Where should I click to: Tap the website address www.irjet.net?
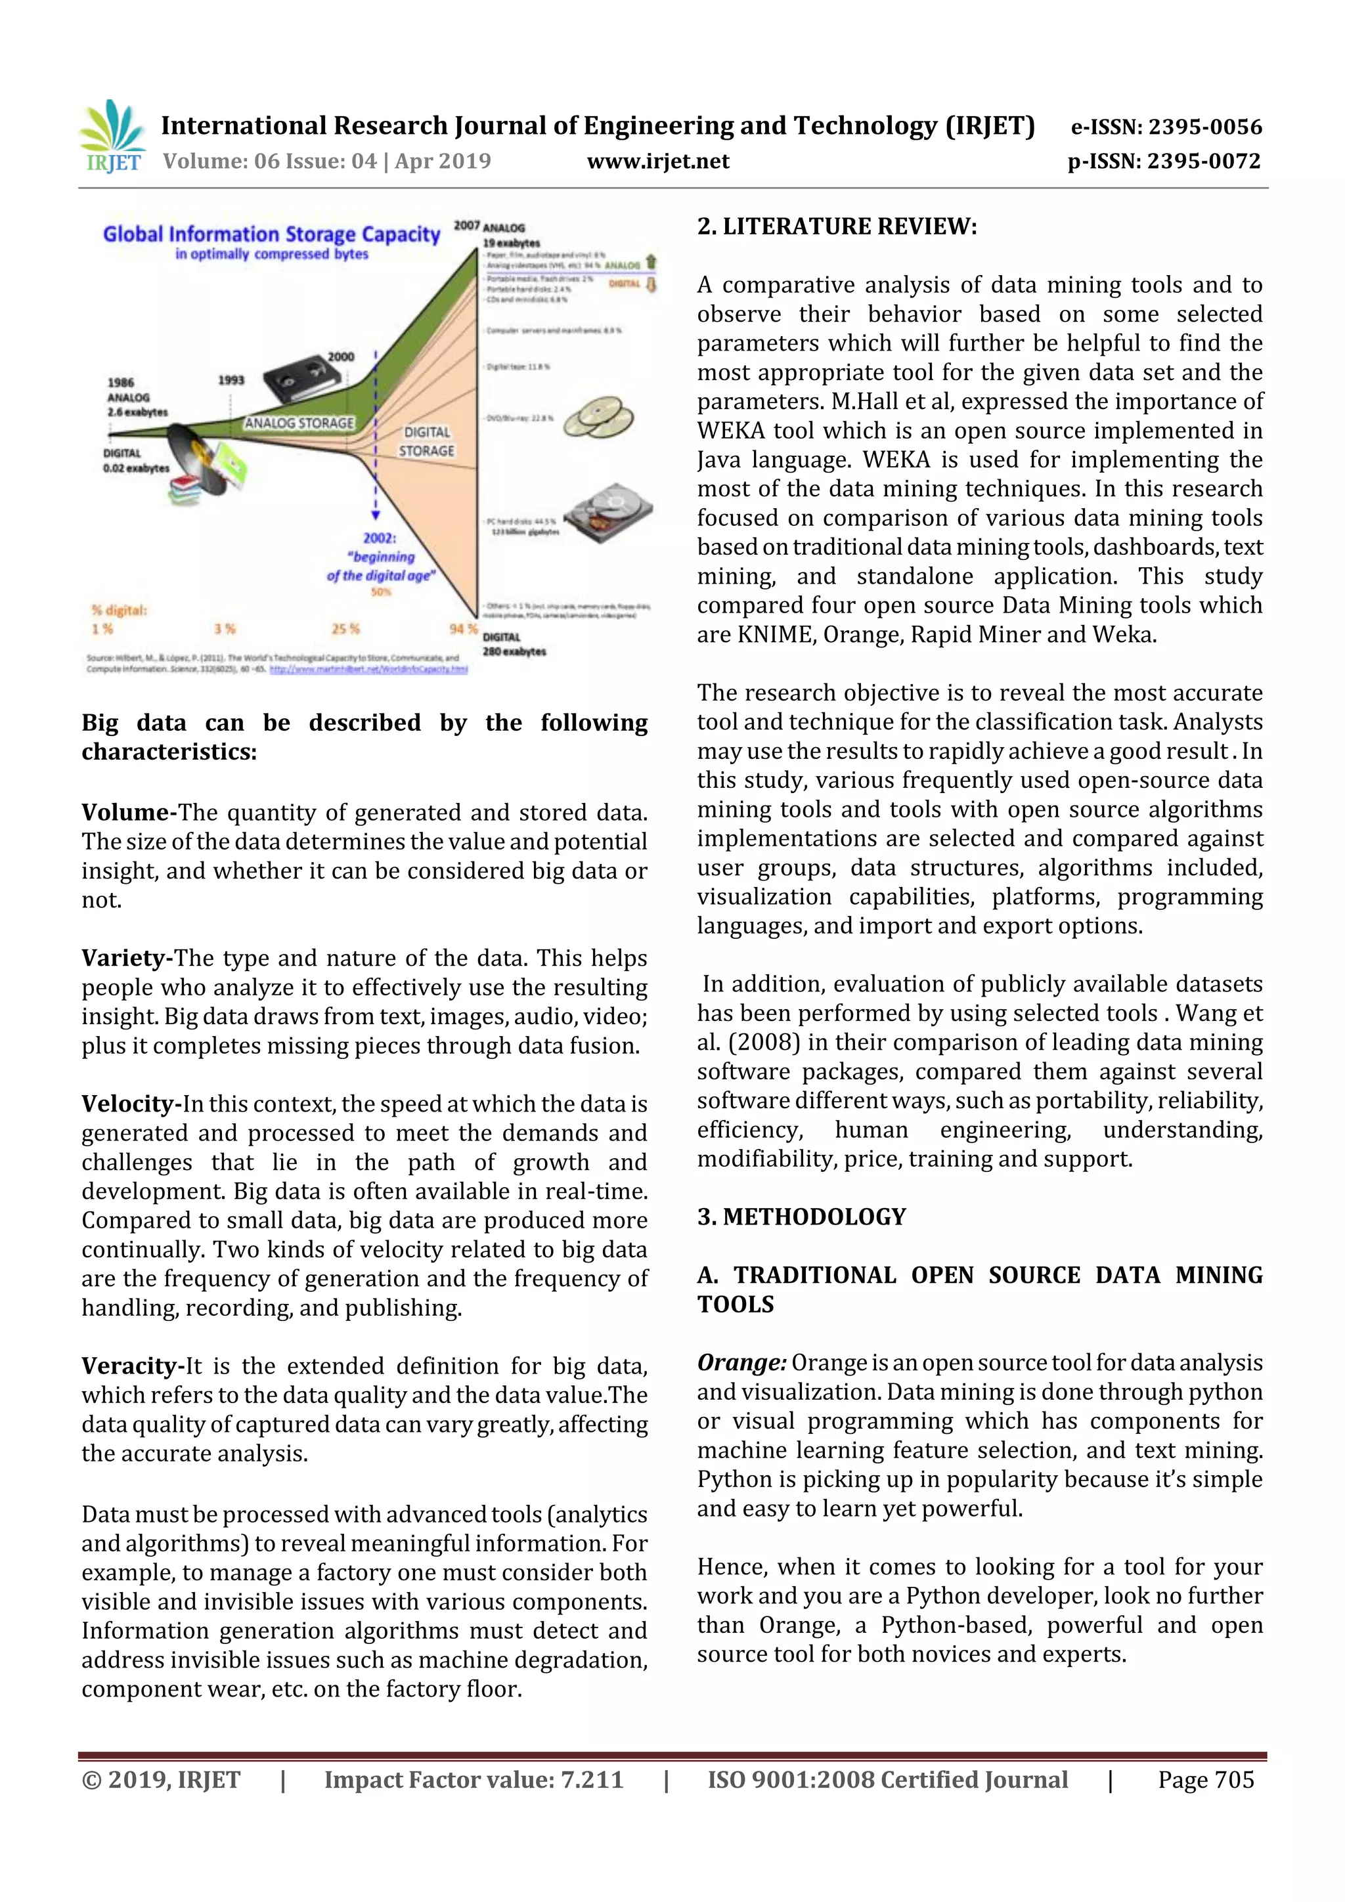[x=658, y=162]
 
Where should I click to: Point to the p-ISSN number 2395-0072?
[x=1203, y=162]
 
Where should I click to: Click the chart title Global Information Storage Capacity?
[x=271, y=234]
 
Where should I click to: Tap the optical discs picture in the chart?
[x=598, y=418]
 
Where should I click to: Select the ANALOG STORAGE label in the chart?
[x=299, y=423]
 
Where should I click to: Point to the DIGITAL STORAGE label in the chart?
[x=427, y=442]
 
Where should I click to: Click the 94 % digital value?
[x=463, y=629]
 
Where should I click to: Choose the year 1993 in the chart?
[x=231, y=380]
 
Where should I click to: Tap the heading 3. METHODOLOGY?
[x=801, y=1217]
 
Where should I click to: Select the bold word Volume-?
[x=129, y=813]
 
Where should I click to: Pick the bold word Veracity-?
[x=133, y=1366]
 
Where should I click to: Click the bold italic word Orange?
[x=741, y=1363]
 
